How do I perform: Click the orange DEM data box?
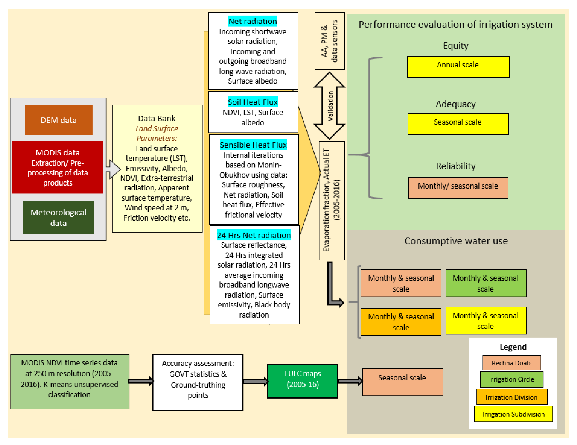(59, 120)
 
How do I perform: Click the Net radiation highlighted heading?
(253, 21)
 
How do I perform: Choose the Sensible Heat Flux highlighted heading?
(253, 145)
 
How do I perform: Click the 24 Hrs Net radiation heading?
(254, 235)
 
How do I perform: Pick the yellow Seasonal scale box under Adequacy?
(458, 124)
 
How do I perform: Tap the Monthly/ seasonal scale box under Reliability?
(458, 188)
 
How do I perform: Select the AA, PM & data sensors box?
(329, 41)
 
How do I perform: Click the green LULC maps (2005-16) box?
(302, 381)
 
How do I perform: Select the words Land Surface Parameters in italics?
(157, 133)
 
